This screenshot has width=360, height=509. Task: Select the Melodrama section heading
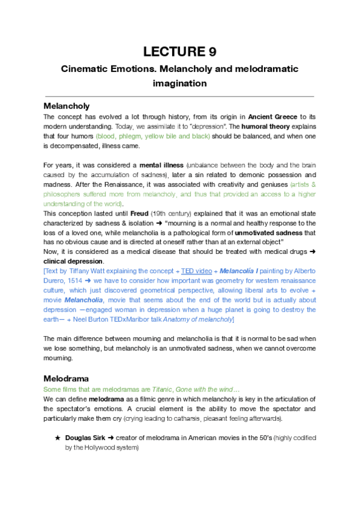pyautogui.click(x=66, y=379)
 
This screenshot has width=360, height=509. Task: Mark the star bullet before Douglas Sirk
pyautogui.click(x=58, y=438)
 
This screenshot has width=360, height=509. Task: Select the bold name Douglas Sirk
pyautogui.click(x=86, y=438)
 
